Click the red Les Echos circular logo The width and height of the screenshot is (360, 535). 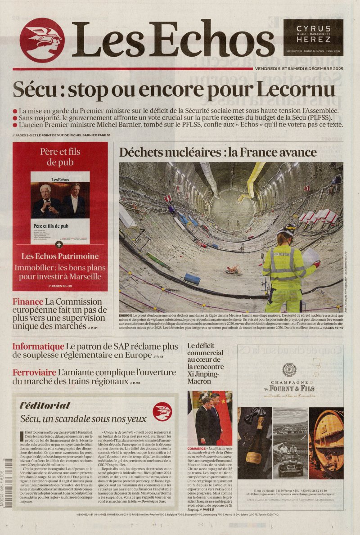click(42, 40)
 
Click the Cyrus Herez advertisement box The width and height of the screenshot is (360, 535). click(313, 37)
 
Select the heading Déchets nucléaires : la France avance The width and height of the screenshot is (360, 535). click(218, 152)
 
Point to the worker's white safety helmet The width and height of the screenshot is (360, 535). click(287, 229)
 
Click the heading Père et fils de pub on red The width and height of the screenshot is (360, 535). click(60, 157)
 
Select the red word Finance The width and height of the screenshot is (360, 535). click(28, 302)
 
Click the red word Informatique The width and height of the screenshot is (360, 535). click(38, 346)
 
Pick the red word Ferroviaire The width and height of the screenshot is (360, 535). click(34, 373)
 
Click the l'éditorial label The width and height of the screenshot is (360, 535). click(45, 405)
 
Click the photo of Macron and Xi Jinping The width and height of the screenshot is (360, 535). click(210, 418)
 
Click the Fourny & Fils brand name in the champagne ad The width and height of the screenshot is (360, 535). click(289, 388)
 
